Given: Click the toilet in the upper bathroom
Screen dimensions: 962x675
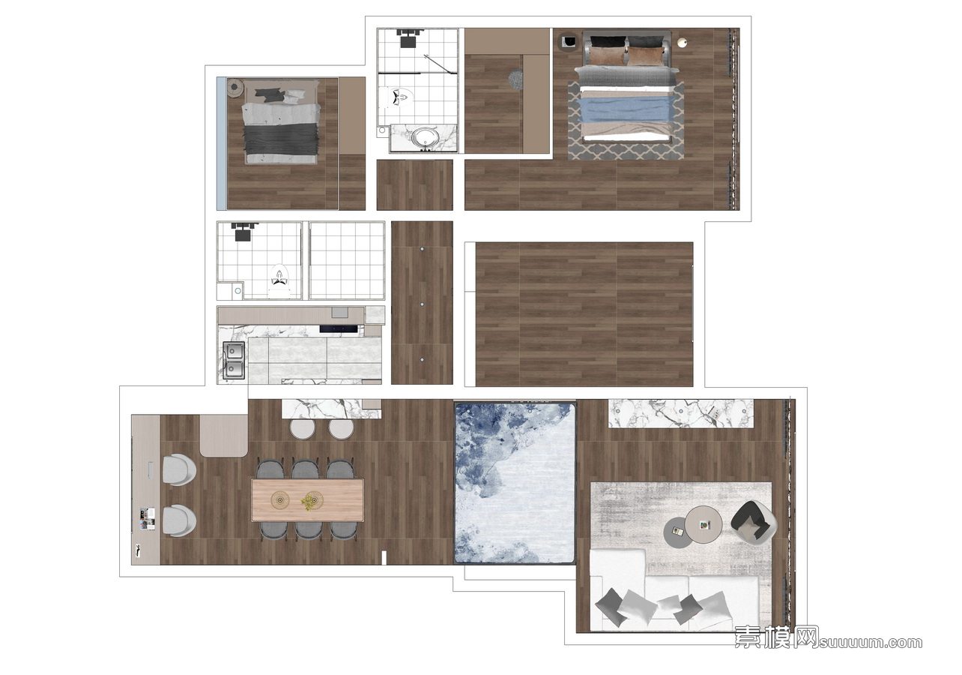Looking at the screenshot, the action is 402,98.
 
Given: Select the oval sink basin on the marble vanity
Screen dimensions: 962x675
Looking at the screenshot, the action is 425,137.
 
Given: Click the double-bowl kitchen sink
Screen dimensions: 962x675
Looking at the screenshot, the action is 234,360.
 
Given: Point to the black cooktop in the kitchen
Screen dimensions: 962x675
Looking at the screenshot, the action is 339,329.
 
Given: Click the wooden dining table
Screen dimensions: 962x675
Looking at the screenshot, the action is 307,499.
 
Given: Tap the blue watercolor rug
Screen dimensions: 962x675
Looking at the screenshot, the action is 515,483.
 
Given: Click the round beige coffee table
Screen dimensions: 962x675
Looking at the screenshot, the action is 703,524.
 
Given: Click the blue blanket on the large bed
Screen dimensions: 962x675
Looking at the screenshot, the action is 626,110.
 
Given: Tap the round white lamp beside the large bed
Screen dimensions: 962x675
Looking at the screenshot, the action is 682,42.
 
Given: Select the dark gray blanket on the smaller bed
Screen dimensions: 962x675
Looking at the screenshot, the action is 282,139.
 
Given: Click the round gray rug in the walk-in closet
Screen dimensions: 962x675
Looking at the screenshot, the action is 515,80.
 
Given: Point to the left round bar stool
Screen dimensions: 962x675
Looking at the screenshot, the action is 303,429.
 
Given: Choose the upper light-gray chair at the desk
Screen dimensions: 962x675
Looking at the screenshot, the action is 179,470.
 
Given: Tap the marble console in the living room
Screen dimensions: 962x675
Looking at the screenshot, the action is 681,412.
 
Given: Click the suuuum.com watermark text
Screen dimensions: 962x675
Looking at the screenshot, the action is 871,642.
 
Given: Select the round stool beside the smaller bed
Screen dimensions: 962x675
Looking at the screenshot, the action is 235,88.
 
